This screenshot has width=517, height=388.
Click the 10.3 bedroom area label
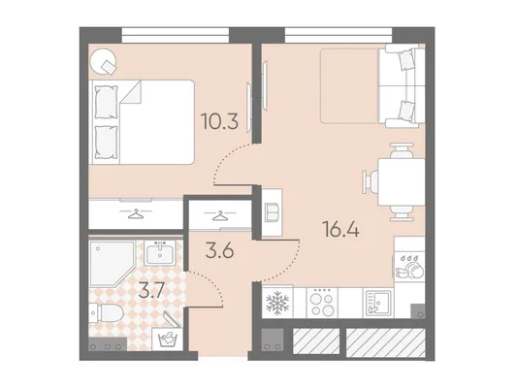click(219, 121)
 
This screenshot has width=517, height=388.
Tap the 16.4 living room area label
click(340, 229)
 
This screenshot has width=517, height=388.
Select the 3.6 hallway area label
click(219, 251)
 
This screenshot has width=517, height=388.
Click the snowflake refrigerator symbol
click(277, 303)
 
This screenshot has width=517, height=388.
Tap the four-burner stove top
click(322, 303)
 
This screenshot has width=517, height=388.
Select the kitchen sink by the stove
click(378, 303)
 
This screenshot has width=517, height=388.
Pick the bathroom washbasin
click(160, 253)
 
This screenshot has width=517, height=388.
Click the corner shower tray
click(113, 264)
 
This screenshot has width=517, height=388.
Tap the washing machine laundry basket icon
click(168, 339)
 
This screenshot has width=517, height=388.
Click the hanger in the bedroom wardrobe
click(136, 213)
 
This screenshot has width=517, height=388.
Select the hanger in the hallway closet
click(220, 216)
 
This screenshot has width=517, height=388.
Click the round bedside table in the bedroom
click(103, 62)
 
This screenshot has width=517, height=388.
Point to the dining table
click(402, 182)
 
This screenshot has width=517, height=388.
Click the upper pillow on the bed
click(106, 102)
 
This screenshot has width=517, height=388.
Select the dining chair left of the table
click(371, 182)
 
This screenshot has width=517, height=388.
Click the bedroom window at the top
click(175, 35)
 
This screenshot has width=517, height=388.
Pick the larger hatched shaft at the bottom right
click(385, 342)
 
